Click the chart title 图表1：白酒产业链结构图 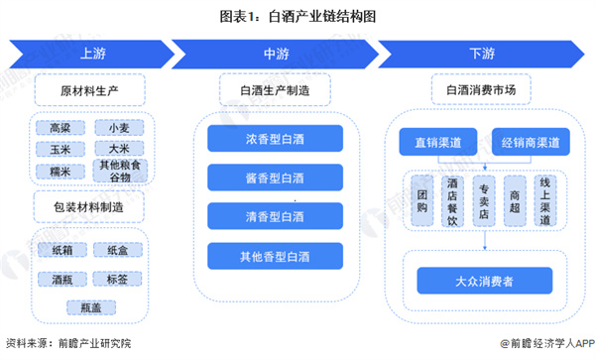tap(297, 15)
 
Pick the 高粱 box tap(61, 128)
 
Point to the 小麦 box tap(119, 128)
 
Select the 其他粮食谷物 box tap(119, 171)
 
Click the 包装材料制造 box tap(90, 207)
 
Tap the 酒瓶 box tap(61, 279)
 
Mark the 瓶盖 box tap(91, 307)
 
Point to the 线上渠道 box tap(544, 201)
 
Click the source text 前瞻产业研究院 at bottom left tap(91, 343)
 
